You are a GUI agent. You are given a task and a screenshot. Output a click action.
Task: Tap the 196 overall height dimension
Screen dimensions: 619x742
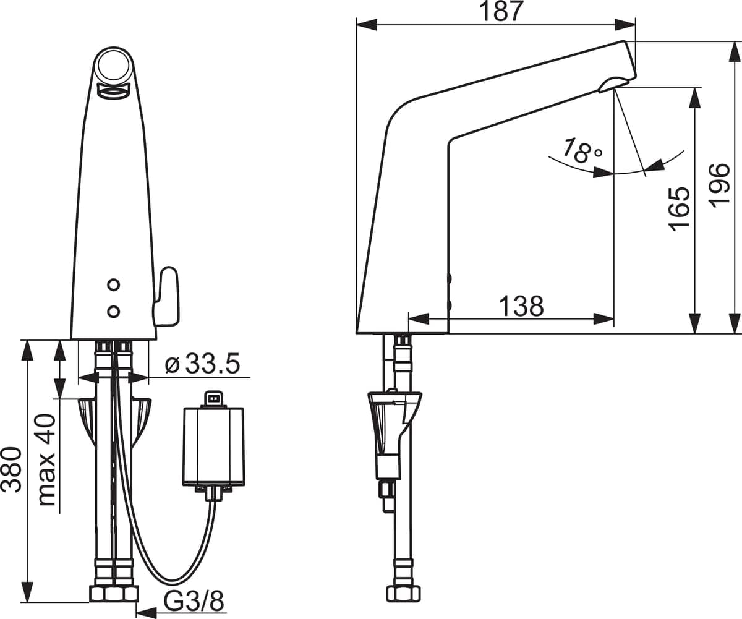click(x=719, y=185)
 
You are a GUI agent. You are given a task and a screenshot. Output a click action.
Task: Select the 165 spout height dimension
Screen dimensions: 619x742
click(x=678, y=208)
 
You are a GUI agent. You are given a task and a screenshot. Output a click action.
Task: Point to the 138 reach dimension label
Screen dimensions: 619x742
click(x=521, y=305)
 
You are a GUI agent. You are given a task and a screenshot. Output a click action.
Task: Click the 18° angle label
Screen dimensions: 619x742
click(x=581, y=150)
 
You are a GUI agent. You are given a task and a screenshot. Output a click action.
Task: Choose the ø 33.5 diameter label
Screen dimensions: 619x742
click(x=202, y=364)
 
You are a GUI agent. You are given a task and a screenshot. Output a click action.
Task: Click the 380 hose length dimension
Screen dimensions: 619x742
click(x=11, y=469)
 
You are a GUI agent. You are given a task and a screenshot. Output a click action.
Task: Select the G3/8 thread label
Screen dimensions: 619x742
click(x=193, y=600)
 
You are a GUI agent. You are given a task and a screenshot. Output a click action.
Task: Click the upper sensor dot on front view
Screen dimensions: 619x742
click(x=113, y=284)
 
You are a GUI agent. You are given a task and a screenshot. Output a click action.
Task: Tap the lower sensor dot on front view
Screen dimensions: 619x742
click(x=113, y=311)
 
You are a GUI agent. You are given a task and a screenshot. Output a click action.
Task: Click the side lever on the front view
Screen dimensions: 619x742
click(x=167, y=297)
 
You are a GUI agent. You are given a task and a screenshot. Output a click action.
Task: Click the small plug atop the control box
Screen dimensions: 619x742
click(x=213, y=398)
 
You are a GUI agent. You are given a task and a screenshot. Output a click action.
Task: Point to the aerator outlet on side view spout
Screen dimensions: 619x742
click(x=613, y=84)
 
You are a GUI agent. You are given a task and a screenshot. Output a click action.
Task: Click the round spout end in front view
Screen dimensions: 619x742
click(x=114, y=65)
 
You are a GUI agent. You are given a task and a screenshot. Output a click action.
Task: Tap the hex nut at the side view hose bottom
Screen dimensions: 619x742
click(x=403, y=594)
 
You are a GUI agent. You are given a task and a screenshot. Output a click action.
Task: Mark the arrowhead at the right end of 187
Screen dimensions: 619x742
click(x=625, y=25)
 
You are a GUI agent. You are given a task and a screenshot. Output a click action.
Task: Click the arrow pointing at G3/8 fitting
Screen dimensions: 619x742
click(x=146, y=613)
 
